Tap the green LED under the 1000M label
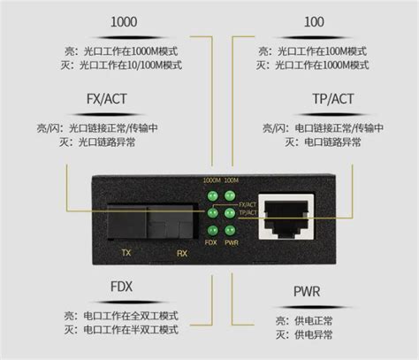pyautogui.click(x=211, y=196)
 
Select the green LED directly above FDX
pyautogui.click(x=211, y=229)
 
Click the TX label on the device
pyautogui.click(x=126, y=251)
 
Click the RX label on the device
pyautogui.click(x=180, y=251)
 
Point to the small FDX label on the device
pyautogui.click(x=210, y=241)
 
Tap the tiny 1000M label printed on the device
pyautogui.click(x=209, y=181)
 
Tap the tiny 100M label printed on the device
pyautogui.click(x=231, y=181)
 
